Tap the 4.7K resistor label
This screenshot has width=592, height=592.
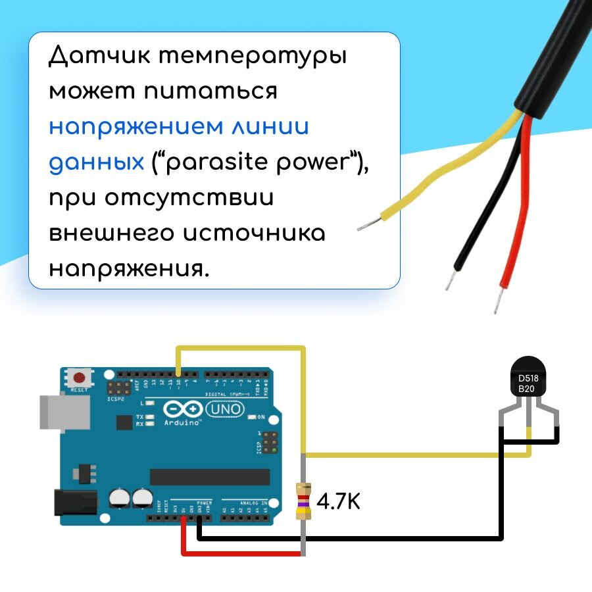point(339,502)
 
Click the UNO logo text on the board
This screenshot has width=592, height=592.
point(225,410)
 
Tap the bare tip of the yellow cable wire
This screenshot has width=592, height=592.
point(366,226)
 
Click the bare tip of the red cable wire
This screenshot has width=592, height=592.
point(497,301)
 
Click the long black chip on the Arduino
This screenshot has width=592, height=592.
point(209,476)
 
